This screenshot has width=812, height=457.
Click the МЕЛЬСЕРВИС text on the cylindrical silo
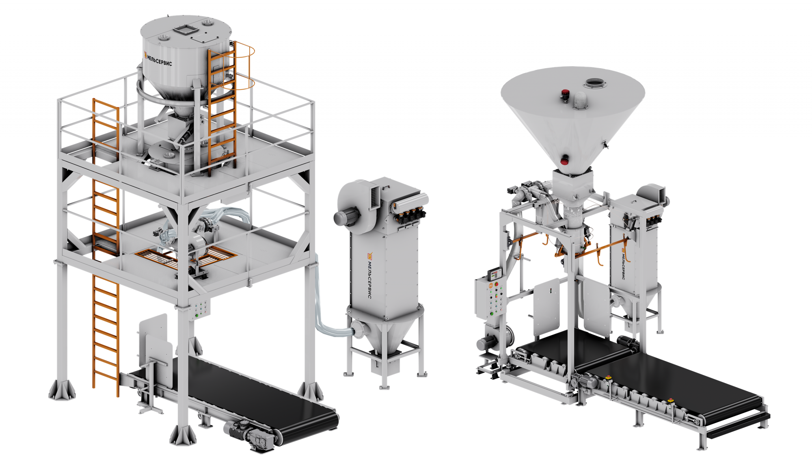click(158, 59)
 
